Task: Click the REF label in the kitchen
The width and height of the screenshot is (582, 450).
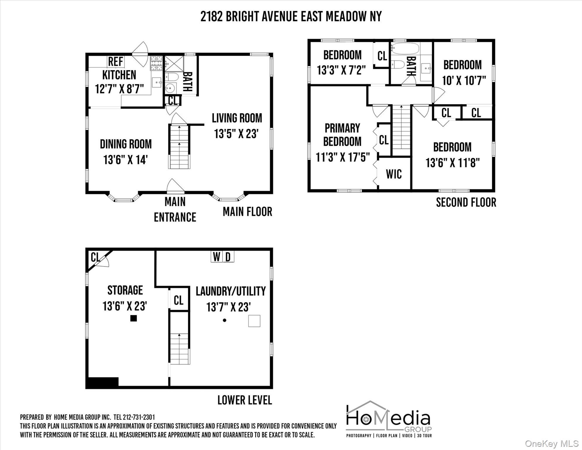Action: point(116,62)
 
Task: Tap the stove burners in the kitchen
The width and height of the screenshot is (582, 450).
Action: point(156,63)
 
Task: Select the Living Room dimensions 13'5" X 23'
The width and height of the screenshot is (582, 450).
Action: point(236,134)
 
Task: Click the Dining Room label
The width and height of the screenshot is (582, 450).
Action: point(126,144)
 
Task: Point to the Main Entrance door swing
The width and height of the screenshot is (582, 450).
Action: point(175,186)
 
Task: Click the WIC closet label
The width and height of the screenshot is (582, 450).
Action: point(394,174)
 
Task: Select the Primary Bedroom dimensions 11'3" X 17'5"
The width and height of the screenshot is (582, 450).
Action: point(343,157)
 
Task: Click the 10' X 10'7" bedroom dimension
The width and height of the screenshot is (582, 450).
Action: point(464,80)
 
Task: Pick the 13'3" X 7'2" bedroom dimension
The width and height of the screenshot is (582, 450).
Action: point(341,70)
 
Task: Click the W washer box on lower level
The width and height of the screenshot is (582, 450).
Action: point(217,257)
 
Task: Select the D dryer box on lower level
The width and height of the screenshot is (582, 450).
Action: point(228,257)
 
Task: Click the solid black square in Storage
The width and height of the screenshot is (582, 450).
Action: point(133,318)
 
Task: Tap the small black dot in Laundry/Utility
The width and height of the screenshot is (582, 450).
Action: point(225,320)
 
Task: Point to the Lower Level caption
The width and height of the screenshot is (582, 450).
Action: point(244,400)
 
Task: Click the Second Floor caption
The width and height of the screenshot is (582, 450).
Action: point(466,202)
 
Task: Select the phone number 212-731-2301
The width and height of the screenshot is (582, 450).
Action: point(138,417)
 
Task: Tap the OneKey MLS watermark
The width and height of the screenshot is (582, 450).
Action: point(551,444)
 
